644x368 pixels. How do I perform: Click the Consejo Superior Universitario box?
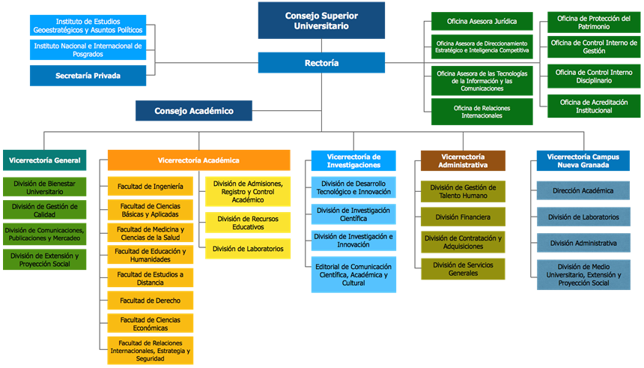coord(322,20)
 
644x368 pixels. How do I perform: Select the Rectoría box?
coord(322,63)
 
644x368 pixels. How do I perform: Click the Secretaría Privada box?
coord(88,76)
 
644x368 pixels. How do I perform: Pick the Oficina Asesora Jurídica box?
coord(482,21)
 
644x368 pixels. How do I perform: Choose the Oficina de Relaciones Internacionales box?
coord(482,112)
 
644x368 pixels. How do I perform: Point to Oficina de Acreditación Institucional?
coord(594,106)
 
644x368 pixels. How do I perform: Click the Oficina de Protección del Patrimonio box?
coord(594,22)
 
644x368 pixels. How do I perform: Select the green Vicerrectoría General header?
coord(45,160)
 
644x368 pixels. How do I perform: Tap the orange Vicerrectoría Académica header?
coord(198,160)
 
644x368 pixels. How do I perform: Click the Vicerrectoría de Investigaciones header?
coord(354,160)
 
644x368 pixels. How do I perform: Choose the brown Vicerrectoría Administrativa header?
coord(463,160)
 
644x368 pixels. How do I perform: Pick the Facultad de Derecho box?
coord(151,301)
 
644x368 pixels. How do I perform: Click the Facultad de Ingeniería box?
coord(151,187)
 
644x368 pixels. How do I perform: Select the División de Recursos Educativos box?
coord(248,222)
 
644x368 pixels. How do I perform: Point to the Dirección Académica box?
coord(583,191)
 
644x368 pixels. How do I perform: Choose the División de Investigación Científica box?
coord(354,214)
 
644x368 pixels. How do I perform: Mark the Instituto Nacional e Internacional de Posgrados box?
coord(88,49)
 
